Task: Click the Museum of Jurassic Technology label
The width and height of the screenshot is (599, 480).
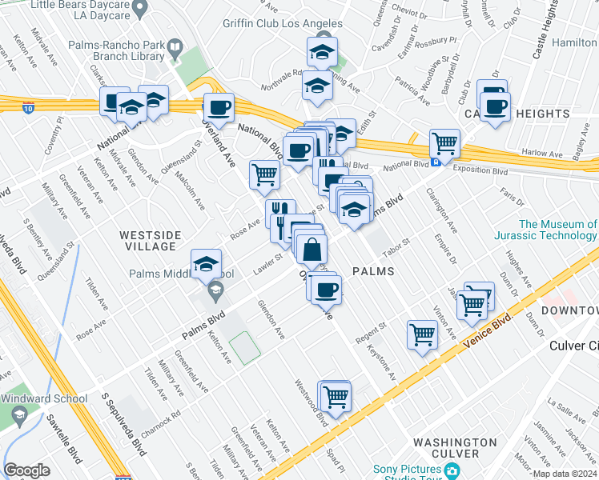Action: pyautogui.click(x=558, y=230)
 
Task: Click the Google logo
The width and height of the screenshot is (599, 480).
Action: pyautogui.click(x=26, y=470)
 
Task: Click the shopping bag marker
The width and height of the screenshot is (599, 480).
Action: pyautogui.click(x=311, y=249)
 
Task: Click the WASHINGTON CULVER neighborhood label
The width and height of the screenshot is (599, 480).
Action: pyautogui.click(x=455, y=447)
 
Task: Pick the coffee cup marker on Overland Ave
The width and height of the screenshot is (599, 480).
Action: pyautogui.click(x=218, y=108)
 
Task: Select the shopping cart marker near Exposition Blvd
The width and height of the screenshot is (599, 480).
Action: pyautogui.click(x=444, y=145)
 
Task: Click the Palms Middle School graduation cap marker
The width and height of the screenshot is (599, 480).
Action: pyautogui.click(x=206, y=264)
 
